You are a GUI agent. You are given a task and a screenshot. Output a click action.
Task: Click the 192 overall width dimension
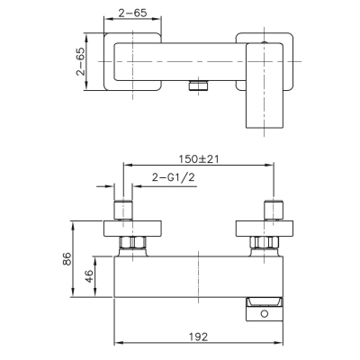coord(198,337)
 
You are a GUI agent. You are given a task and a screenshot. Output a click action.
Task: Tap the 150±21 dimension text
coord(199,158)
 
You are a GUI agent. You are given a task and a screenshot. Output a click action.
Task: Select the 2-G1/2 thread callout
coord(174,177)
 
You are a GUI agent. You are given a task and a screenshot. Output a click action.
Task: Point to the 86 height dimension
coord(67,258)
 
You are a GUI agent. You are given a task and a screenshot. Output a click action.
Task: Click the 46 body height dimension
coord(89,276)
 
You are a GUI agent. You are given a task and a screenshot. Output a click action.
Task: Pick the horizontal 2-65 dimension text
coord(132,13)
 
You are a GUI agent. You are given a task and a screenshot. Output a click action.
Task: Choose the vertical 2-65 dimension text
coord(80,61)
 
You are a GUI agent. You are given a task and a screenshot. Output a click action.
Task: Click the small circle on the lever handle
coord(264,314)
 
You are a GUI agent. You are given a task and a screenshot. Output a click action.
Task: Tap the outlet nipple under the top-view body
coord(198,85)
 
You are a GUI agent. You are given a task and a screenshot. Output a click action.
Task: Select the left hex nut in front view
coord(133,242)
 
